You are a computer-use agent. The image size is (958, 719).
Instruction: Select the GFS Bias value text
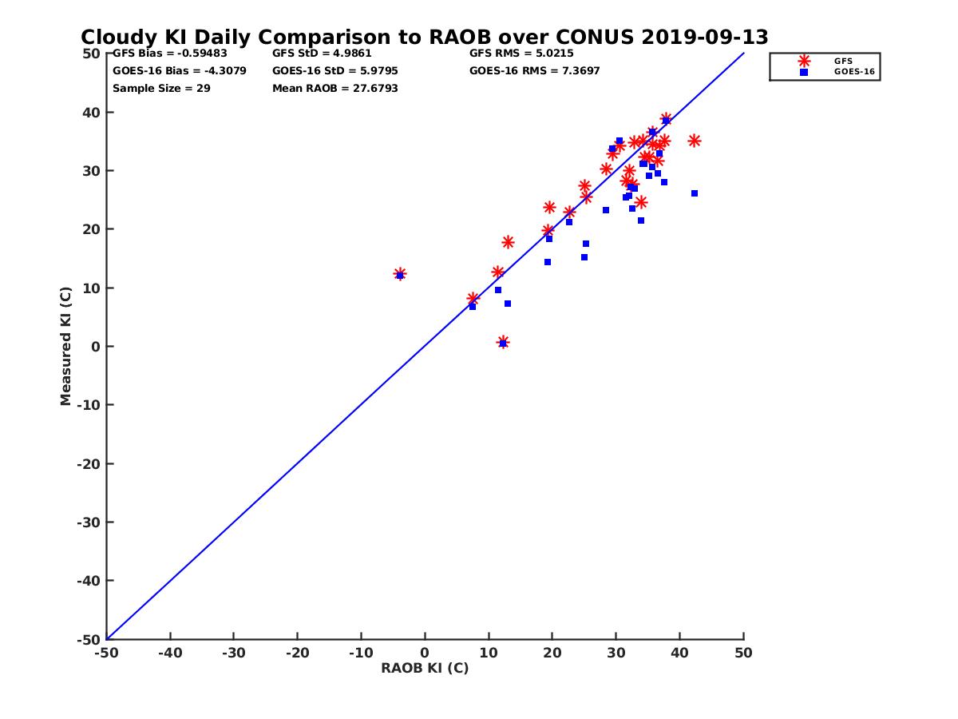(169, 54)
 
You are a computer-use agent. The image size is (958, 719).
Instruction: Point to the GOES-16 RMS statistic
(534, 71)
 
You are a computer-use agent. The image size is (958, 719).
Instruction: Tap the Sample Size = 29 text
(161, 89)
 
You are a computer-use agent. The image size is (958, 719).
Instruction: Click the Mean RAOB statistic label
(335, 89)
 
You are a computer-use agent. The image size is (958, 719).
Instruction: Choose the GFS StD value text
(322, 54)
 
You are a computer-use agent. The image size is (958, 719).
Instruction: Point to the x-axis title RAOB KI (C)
(425, 668)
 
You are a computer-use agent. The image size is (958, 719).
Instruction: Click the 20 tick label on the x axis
(552, 653)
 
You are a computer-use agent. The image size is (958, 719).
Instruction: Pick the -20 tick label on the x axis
(297, 653)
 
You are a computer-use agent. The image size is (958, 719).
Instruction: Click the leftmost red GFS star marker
(400, 274)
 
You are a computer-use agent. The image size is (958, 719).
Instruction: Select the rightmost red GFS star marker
(695, 141)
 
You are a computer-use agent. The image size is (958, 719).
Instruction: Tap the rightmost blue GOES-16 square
(695, 193)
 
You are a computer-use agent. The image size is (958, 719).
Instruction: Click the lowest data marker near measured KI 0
(503, 343)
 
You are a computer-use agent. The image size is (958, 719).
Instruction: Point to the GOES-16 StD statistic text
(335, 71)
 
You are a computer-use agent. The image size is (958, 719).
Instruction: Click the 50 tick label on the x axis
(743, 653)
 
